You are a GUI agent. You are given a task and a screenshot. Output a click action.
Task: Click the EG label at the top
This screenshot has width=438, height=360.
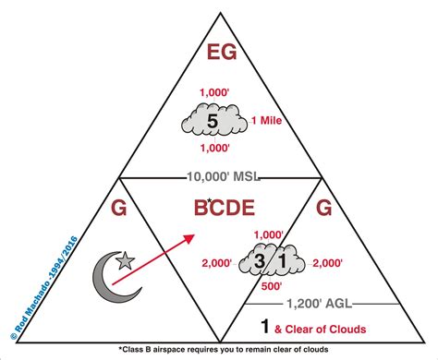219,52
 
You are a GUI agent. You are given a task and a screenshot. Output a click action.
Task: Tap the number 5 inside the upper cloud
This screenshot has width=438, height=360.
212,121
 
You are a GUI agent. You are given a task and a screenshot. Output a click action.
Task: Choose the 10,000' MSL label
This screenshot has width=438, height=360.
219,176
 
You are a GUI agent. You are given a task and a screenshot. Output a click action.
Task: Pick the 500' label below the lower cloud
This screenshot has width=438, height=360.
271,287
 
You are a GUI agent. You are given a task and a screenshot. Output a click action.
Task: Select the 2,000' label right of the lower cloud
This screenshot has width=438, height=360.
329,263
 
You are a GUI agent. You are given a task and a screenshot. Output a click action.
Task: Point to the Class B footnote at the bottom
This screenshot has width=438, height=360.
220,351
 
